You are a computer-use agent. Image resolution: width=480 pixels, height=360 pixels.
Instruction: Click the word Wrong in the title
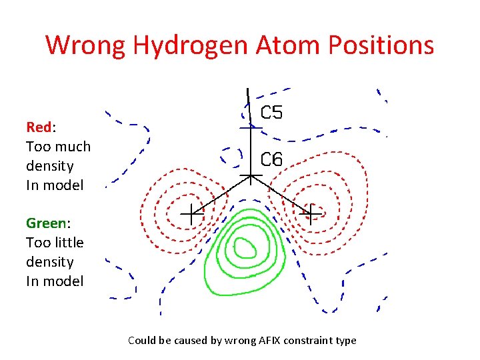(86, 45)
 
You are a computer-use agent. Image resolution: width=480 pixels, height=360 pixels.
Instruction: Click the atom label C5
(271, 113)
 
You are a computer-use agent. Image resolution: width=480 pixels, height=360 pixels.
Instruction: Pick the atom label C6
(271, 159)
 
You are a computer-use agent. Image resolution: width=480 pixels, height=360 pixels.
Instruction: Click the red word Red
(37, 127)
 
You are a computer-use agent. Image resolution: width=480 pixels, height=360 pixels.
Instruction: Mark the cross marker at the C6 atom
(251, 177)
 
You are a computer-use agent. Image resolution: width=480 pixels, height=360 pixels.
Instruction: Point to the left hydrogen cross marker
(191, 213)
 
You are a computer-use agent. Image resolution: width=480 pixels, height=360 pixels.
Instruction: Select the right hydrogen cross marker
(310, 213)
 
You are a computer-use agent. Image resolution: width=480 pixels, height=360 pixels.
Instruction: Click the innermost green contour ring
(245, 248)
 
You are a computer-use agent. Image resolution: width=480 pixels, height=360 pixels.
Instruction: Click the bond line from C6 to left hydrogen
(221, 195)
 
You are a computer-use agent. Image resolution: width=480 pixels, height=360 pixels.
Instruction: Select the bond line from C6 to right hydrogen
(280, 195)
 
